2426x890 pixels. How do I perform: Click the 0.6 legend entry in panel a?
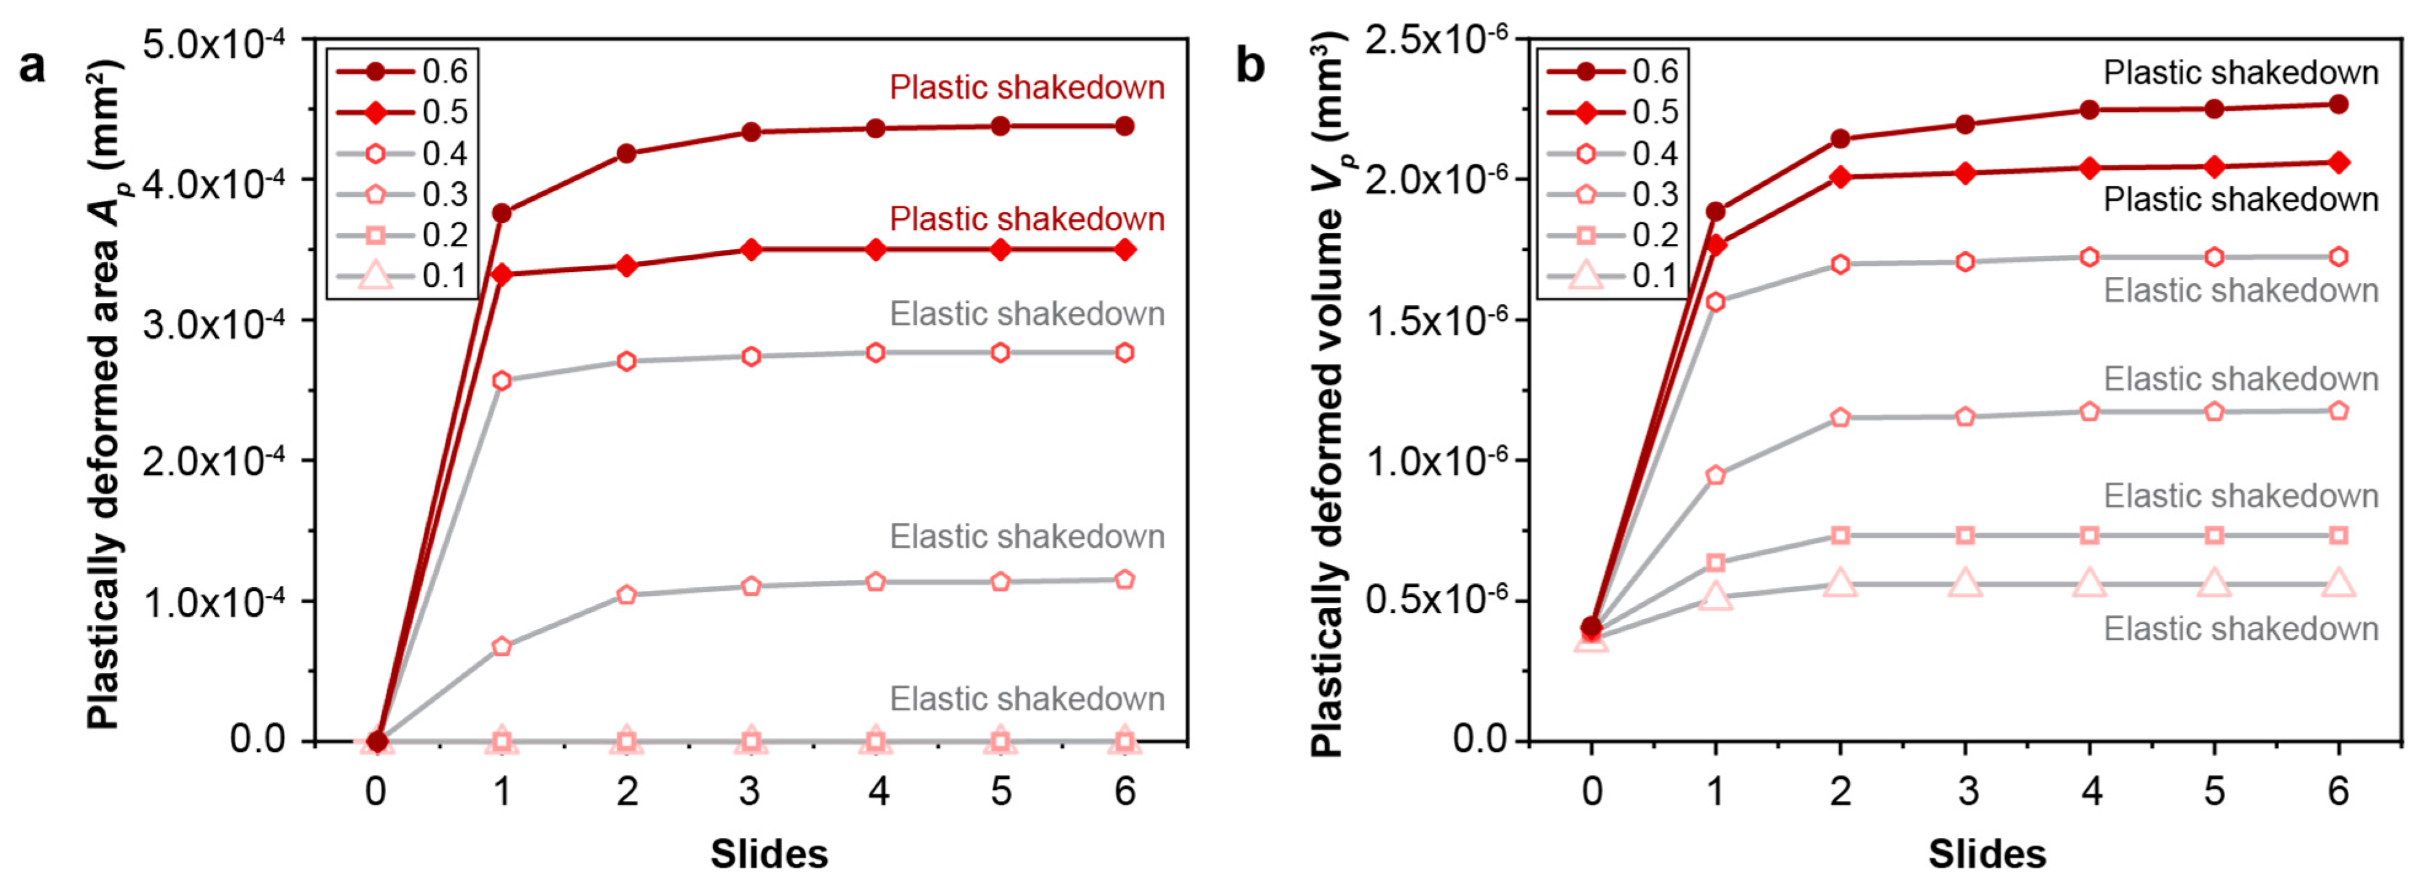click(x=400, y=71)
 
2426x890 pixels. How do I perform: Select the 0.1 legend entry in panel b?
click(x=1611, y=276)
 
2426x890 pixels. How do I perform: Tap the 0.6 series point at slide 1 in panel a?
click(x=502, y=214)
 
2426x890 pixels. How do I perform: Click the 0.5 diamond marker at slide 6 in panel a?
click(x=1125, y=249)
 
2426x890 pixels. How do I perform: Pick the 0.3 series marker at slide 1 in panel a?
click(x=502, y=646)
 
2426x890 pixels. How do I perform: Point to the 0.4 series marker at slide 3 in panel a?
click(x=750, y=356)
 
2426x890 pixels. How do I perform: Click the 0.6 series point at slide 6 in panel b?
click(x=2338, y=104)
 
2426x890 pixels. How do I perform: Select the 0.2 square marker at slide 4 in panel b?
click(x=2089, y=535)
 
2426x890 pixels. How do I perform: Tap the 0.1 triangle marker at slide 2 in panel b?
click(x=1840, y=584)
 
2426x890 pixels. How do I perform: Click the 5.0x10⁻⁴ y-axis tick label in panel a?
click(x=216, y=42)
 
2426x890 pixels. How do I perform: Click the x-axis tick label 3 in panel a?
click(x=750, y=791)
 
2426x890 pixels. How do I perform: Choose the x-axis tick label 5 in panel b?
click(x=2214, y=791)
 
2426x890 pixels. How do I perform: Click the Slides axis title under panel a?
click(x=769, y=854)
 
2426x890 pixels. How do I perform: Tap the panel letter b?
click(x=1250, y=66)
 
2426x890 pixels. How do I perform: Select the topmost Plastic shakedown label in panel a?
click(x=1027, y=88)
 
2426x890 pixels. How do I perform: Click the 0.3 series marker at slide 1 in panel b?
click(x=1716, y=475)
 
